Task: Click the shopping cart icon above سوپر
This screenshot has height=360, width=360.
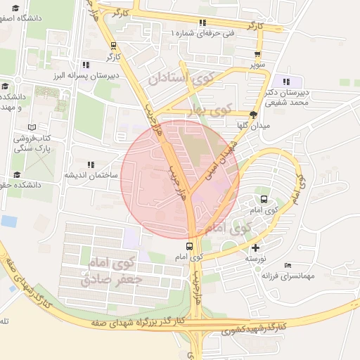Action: [x=259, y=53]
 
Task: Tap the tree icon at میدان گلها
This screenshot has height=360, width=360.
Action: [x=254, y=115]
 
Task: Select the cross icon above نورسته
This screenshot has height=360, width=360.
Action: [x=255, y=247]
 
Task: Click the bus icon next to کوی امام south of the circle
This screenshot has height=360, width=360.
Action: [x=189, y=246]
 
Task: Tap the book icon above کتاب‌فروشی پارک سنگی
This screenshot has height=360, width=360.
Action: [x=30, y=127]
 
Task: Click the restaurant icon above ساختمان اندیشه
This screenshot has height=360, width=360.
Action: [x=89, y=164]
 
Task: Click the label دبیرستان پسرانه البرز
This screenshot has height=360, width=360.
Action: [x=86, y=75]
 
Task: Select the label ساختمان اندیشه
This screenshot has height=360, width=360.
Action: [x=89, y=174]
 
